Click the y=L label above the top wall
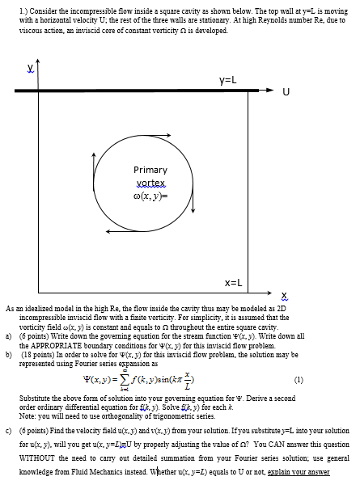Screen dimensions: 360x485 pos(227,81)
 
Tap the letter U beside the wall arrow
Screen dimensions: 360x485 pos(286,91)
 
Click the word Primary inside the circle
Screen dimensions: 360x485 pos(150,171)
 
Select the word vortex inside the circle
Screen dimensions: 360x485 pos(150,183)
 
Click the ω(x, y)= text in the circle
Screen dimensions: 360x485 pos(150,195)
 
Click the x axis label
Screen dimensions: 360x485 pos(284,294)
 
